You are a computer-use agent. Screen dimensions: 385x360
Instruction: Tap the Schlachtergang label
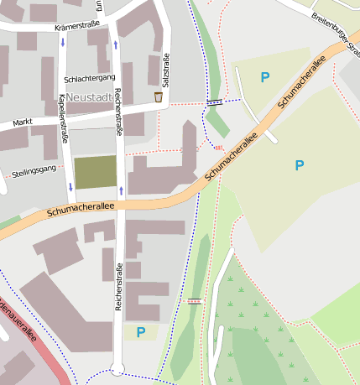[89, 79]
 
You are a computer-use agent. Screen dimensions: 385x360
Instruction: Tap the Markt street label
[23, 123]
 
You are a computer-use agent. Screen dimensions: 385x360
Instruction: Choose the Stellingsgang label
[34, 172]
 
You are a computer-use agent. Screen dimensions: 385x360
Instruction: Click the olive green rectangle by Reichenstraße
[95, 172]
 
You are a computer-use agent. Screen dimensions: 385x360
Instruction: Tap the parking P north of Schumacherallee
[265, 78]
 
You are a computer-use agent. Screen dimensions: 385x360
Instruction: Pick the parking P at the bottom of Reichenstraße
[141, 332]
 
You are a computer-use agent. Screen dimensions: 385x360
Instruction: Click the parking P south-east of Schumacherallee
[300, 166]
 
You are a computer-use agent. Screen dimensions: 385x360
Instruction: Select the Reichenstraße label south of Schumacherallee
[118, 285]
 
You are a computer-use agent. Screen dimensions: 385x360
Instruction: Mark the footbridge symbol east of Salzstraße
[215, 101]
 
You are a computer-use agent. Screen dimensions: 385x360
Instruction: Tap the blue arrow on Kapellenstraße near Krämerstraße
[62, 42]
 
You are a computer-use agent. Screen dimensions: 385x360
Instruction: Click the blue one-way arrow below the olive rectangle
[121, 190]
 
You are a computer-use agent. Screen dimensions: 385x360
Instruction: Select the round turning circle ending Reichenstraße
[117, 369]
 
